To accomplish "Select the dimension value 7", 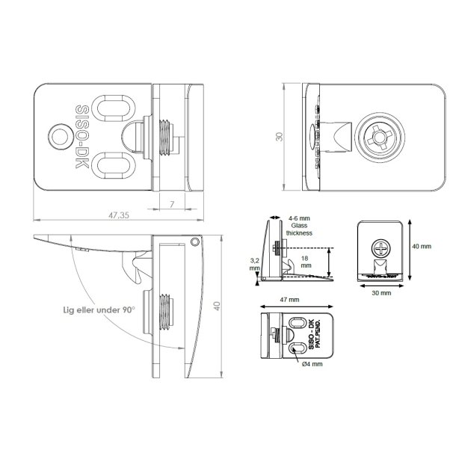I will tap(172, 204).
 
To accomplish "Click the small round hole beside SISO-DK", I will tap(57, 136).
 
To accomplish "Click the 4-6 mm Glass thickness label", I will tap(300, 226).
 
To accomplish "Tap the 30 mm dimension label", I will tap(380, 294).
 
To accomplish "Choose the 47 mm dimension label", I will tap(289, 299).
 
